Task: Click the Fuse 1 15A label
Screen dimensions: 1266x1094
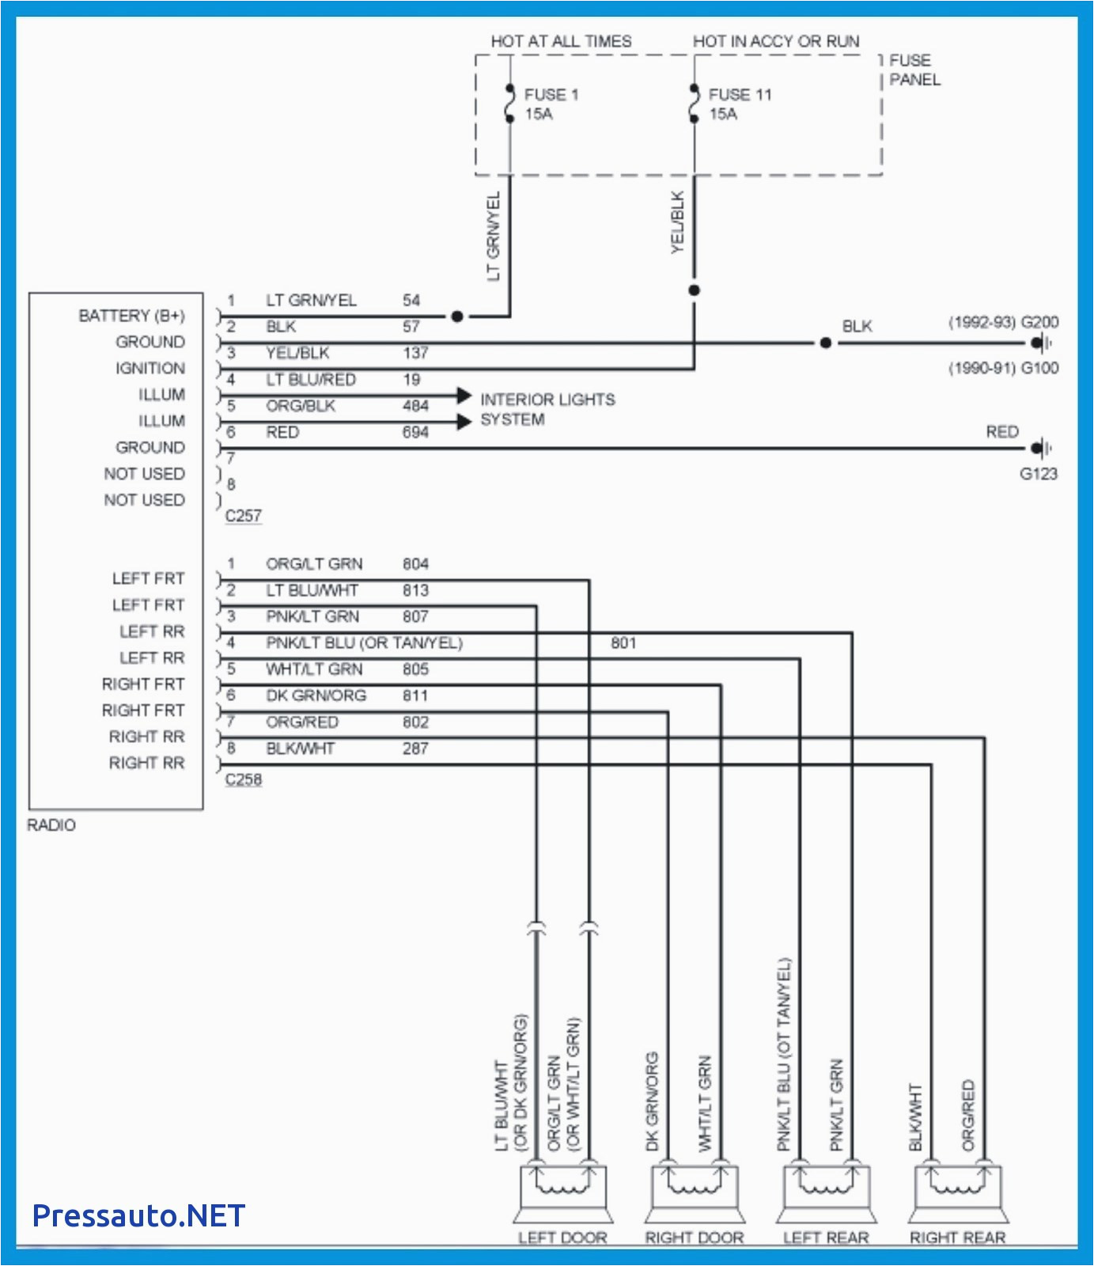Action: click(x=551, y=104)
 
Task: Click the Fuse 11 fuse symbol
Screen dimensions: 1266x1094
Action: click(x=694, y=104)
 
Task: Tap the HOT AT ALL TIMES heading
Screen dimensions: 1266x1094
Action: click(x=561, y=41)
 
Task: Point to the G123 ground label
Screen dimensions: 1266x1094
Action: click(x=1038, y=474)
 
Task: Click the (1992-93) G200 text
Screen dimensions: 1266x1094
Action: click(x=1003, y=322)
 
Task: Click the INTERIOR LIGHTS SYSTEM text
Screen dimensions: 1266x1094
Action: click(x=547, y=409)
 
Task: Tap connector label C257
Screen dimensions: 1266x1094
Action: click(x=243, y=516)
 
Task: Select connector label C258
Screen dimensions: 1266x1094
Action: click(x=243, y=779)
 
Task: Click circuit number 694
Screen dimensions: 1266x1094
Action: click(x=415, y=432)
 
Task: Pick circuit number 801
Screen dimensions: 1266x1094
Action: click(x=623, y=642)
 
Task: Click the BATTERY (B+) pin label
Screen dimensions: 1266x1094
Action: click(x=131, y=316)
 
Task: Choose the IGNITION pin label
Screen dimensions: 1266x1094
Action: click(x=150, y=368)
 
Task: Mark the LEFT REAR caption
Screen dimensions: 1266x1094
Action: click(x=826, y=1238)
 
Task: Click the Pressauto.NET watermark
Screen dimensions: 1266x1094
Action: click(x=138, y=1215)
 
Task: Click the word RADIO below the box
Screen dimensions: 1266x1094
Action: click(x=51, y=825)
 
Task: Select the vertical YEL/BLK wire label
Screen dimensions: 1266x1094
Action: click(x=678, y=222)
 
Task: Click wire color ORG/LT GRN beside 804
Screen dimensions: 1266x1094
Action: click(x=314, y=564)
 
